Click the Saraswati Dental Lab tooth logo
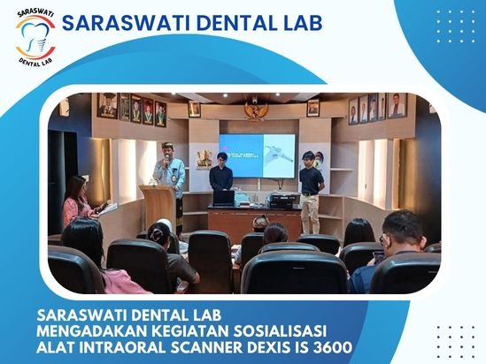coord(35,38)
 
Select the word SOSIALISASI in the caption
coord(280,331)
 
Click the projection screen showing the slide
coord(257,155)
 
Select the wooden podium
coord(158,208)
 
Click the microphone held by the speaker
coord(167,160)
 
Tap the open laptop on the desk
coord(223,198)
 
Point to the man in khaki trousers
coord(311,193)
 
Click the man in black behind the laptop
coord(221,173)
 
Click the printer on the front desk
coord(282,201)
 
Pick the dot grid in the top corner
coord(456,27)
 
